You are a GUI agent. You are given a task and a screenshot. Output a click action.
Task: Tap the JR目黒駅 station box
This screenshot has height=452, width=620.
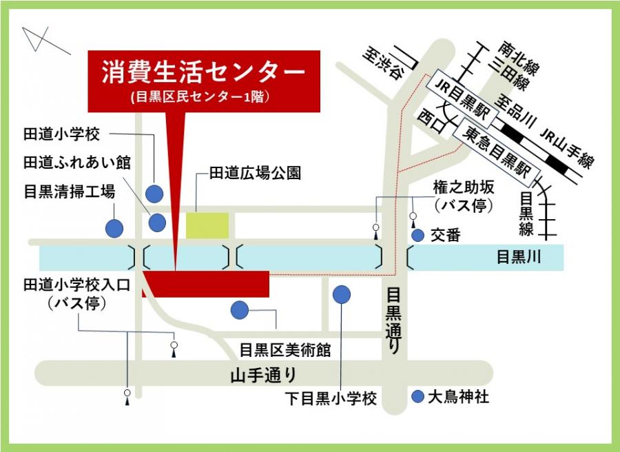(460, 99)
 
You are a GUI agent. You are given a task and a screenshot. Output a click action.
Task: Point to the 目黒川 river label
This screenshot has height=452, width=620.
(519, 258)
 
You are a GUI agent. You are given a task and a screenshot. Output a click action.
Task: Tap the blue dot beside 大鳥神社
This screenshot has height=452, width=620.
(417, 397)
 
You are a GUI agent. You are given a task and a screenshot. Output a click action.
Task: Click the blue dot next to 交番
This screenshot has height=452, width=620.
(417, 236)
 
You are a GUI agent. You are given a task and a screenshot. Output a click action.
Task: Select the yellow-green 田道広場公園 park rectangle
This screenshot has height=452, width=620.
(207, 225)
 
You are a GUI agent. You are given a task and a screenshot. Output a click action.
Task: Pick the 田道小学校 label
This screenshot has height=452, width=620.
(62, 133)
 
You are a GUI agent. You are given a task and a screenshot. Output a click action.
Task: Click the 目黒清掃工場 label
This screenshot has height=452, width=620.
(69, 191)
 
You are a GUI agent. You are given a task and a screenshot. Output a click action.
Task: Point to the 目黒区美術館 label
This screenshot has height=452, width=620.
(285, 349)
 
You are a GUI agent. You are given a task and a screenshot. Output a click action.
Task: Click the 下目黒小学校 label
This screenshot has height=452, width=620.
(331, 398)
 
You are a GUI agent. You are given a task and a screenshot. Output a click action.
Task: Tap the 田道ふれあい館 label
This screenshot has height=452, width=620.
(77, 162)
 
